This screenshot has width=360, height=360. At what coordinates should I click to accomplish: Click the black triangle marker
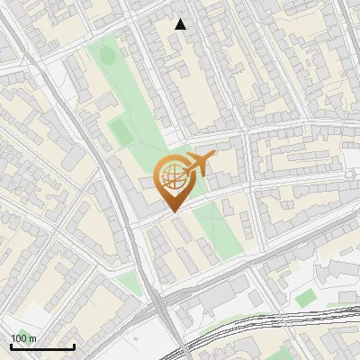coord(181,24)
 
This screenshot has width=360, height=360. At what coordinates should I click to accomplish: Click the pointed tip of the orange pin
coord(173,211)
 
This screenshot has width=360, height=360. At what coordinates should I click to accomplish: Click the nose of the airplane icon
coord(212,157)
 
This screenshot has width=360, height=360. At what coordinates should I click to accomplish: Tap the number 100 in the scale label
coord(18,338)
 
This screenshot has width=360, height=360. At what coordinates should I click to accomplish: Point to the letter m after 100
coord(32,338)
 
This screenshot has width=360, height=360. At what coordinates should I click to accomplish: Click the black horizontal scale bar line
coord(42,346)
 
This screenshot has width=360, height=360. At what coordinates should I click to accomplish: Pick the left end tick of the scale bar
coord(11,345)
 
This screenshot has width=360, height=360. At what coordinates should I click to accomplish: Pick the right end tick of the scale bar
coord(74,345)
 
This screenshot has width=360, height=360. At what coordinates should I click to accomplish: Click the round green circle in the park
coord(107,56)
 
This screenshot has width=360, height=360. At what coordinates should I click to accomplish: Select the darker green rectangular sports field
coord(121,131)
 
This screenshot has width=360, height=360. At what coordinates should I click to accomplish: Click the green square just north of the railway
coord(306,297)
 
